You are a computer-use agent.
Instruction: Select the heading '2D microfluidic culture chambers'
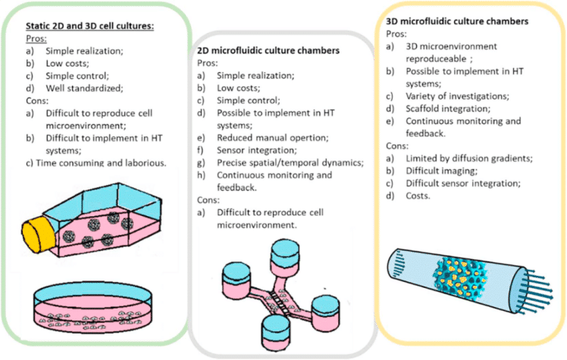tap(280, 51)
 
